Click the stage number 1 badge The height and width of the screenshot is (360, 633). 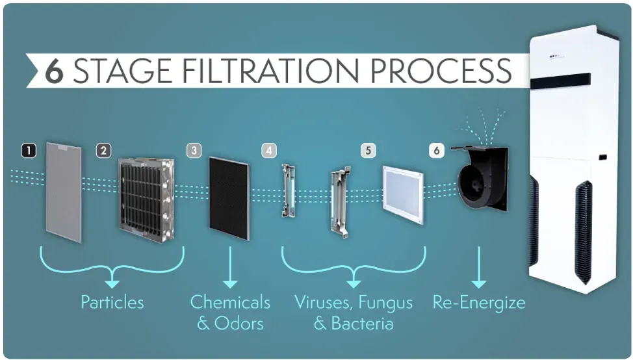(x=28, y=151)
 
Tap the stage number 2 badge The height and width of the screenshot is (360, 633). (x=104, y=151)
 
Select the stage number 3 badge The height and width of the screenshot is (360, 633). (x=194, y=151)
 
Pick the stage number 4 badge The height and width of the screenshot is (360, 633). (x=269, y=151)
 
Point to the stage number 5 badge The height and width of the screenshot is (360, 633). (x=368, y=151)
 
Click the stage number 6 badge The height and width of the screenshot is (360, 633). (x=436, y=151)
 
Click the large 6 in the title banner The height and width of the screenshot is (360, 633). (x=55, y=71)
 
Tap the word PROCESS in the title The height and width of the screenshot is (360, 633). (x=441, y=71)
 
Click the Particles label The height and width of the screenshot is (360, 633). (x=112, y=302)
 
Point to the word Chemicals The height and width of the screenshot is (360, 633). (x=230, y=302)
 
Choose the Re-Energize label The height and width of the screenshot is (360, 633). (x=479, y=303)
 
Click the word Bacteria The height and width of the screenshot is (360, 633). (x=363, y=323)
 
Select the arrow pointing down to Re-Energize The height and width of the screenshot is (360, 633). (x=479, y=267)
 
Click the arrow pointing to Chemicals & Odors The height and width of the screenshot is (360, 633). (x=230, y=267)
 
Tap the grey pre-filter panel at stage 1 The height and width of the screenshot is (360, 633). (x=64, y=192)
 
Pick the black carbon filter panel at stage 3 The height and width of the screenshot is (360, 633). (x=229, y=199)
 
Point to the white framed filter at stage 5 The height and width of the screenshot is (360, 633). (x=404, y=195)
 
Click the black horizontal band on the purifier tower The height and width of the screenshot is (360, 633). (x=560, y=81)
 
